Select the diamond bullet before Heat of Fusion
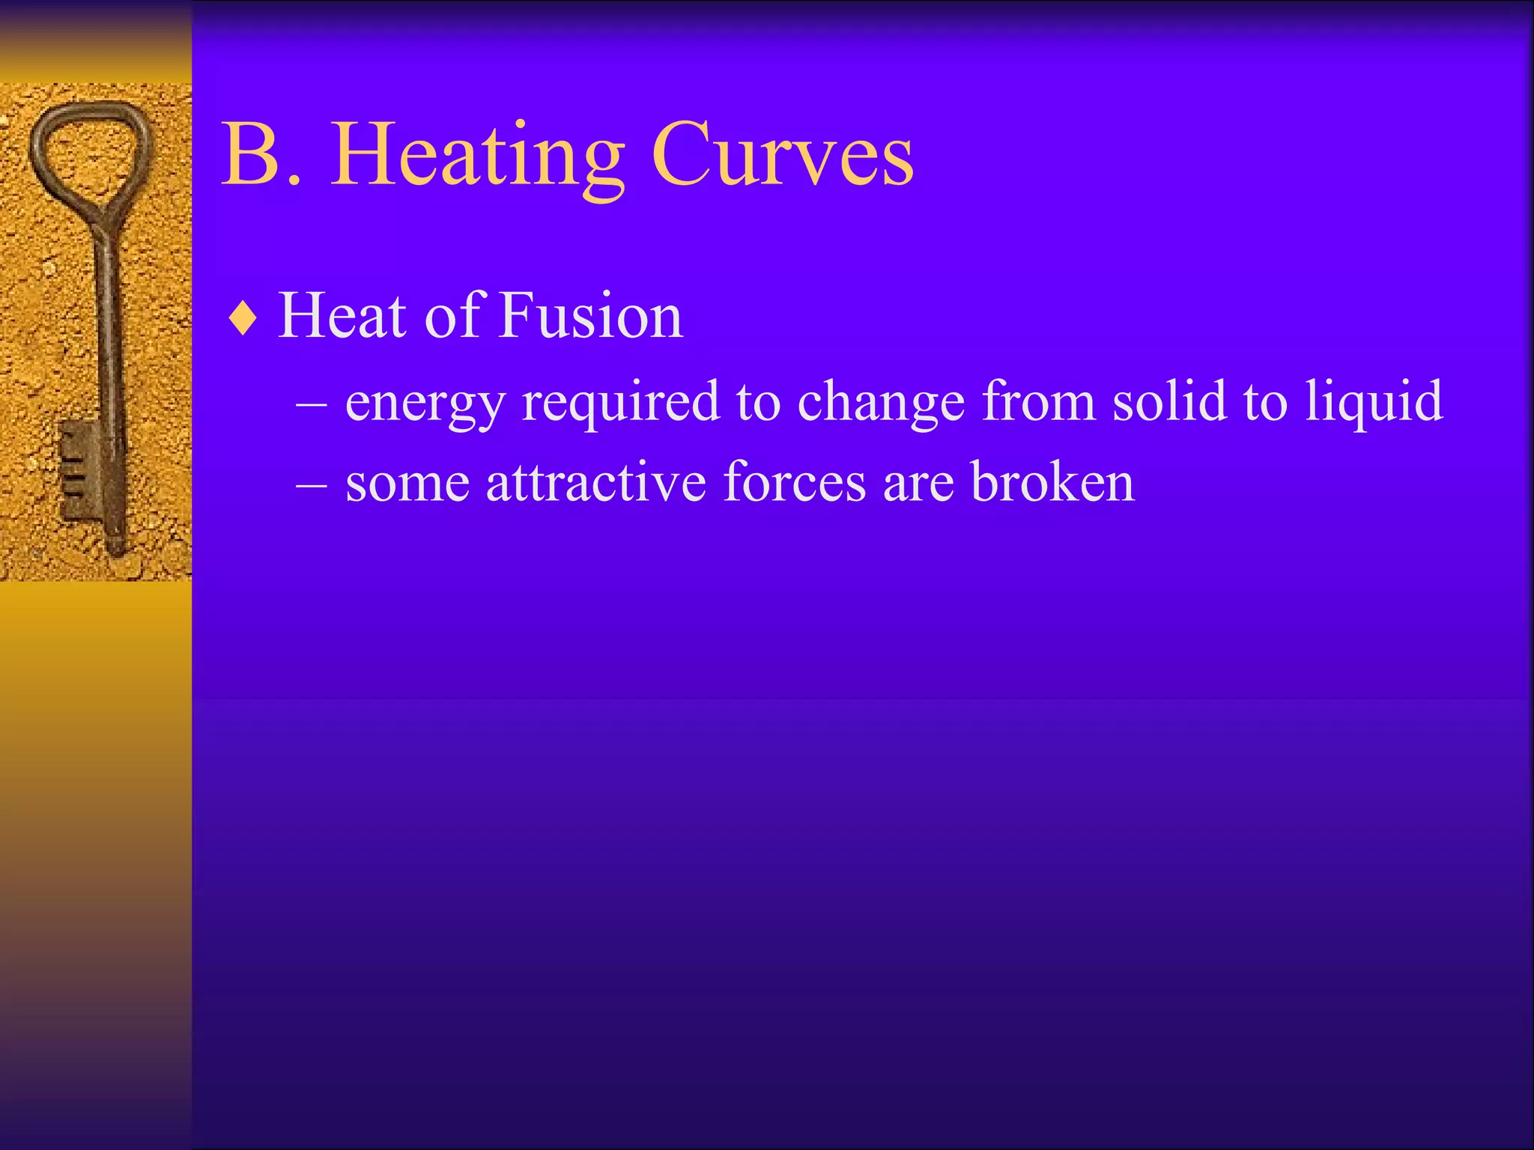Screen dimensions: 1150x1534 pyautogui.click(x=243, y=319)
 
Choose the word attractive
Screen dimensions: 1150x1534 pyautogui.click(x=596, y=482)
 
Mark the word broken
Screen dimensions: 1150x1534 pyautogui.click(x=1052, y=482)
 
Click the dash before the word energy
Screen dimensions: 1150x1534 pyautogui.click(x=311, y=404)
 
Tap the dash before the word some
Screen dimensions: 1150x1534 pyautogui.click(x=311, y=484)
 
